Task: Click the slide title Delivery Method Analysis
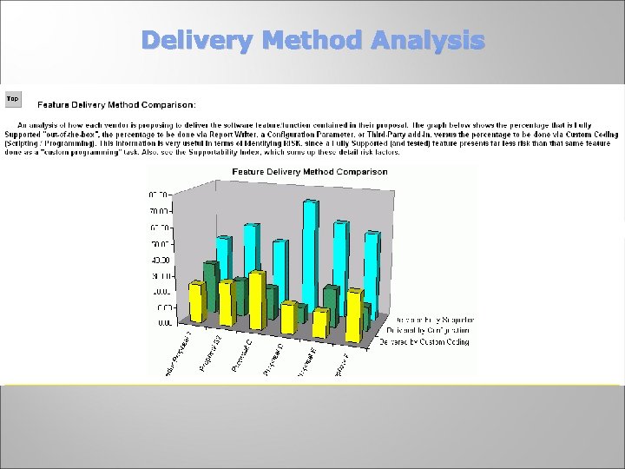[x=312, y=40]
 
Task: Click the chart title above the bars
[x=310, y=172]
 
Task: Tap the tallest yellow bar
[x=256, y=300]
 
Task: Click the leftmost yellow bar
[x=196, y=302]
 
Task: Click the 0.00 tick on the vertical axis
[x=162, y=323]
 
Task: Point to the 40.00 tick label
[x=161, y=260]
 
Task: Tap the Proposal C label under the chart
[x=242, y=356]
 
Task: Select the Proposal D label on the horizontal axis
[x=275, y=360]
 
